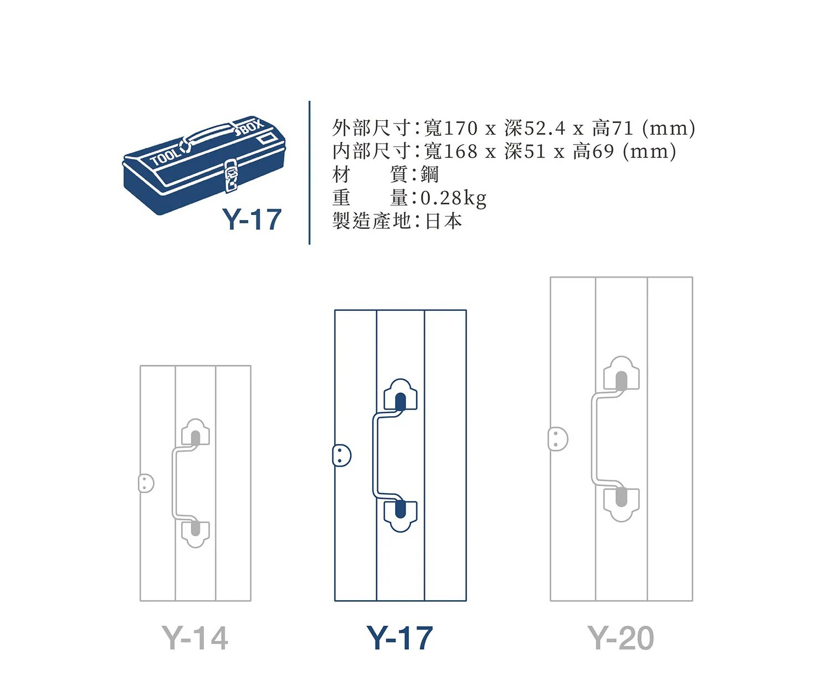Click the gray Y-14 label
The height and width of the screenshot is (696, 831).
pos(195,638)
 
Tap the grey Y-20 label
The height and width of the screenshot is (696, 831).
pos(620,638)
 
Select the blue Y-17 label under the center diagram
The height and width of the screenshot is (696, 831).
pos(399,638)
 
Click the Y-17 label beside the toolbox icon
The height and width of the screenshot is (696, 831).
pos(252,219)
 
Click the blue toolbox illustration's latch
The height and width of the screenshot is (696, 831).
pos(232,176)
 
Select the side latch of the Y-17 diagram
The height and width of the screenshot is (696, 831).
pos(342,456)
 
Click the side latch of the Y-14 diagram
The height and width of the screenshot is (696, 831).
pos(146,483)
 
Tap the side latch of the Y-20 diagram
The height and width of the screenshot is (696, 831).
pos(558,439)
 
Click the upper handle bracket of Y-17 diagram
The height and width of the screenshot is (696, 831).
pos(400,395)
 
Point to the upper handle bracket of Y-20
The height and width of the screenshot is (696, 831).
pos(622,373)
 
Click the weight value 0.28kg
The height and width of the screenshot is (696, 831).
pos(453,198)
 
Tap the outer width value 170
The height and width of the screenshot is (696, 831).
pos(460,129)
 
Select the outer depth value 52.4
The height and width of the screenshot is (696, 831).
pos(545,129)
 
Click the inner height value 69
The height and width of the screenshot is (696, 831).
pos(603,151)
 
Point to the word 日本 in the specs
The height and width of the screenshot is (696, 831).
pos(443,221)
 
